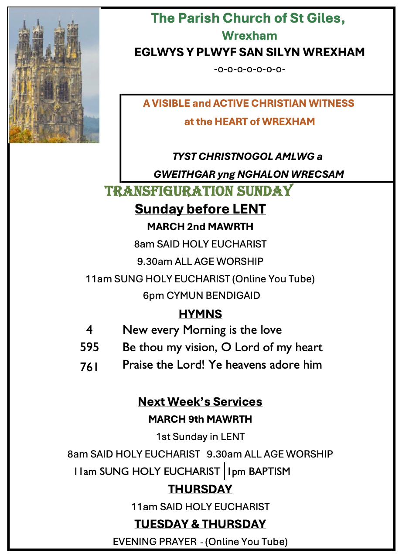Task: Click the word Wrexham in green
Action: (249, 35)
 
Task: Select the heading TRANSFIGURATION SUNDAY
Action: (199, 191)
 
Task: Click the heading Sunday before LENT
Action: (200, 209)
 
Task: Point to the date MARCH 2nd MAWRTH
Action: (200, 227)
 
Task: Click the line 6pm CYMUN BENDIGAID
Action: (201, 295)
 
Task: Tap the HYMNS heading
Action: (200, 314)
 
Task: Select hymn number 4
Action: (89, 330)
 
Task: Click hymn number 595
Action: (89, 347)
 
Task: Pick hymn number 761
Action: (89, 367)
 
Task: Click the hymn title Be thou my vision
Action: (222, 347)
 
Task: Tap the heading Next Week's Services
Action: (200, 401)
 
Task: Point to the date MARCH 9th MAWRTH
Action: (200, 419)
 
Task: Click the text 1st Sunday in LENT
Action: (200, 437)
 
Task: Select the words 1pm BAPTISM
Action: (259, 471)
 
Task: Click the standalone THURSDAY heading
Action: (200, 489)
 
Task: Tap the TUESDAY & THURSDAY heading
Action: (200, 524)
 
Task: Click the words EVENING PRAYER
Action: (155, 542)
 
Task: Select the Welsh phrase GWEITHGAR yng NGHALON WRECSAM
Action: (249, 174)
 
